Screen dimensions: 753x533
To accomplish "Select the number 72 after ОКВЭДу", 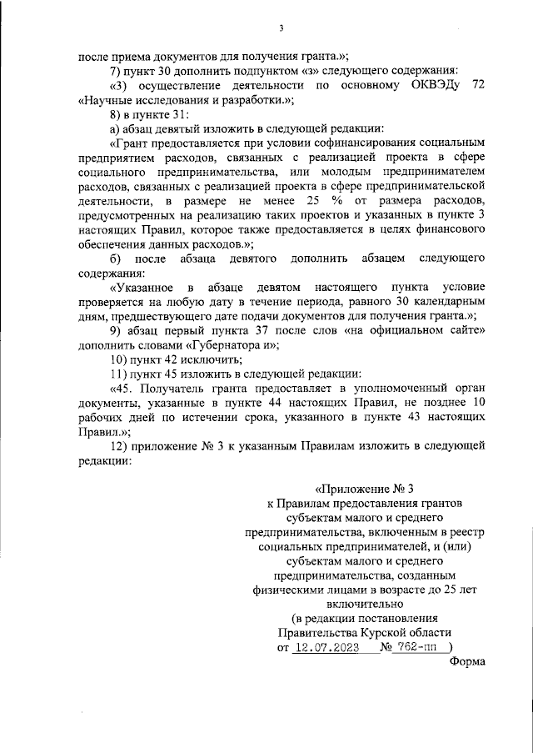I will [x=477, y=85].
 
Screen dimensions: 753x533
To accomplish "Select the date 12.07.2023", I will [x=326, y=647].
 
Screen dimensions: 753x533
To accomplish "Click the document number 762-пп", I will [x=419, y=647].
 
